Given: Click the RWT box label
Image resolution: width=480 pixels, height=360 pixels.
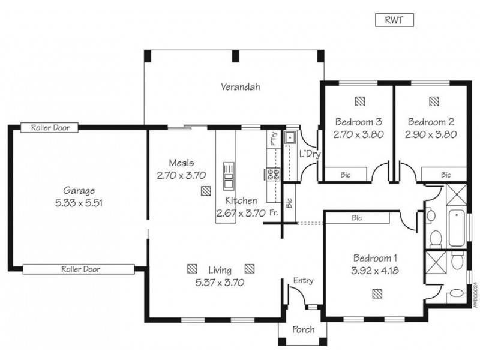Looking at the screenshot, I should point(394,20).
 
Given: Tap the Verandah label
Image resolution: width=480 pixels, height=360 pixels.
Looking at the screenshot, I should point(240,86).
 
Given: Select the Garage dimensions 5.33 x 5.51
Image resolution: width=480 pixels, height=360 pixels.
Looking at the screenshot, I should point(79,203).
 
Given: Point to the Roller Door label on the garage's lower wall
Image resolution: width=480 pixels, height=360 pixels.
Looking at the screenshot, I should point(81,269).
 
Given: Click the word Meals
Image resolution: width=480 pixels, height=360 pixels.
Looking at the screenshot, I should point(181,163).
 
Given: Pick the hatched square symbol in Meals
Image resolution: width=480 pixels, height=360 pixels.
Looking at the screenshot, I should point(206,191).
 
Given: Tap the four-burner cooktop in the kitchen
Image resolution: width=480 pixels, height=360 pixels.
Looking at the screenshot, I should point(274,174).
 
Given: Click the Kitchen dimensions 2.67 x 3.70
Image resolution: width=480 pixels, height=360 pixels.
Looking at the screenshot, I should point(241,212).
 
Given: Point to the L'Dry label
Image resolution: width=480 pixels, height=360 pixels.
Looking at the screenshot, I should point(310,154).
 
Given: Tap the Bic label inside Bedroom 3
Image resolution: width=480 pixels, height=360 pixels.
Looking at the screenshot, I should point(346,175).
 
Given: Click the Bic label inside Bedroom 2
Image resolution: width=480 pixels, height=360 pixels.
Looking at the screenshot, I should point(446,175).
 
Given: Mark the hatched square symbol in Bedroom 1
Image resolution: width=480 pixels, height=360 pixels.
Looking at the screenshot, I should point(376,293).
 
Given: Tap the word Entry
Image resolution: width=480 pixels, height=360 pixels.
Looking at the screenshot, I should point(302,281).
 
